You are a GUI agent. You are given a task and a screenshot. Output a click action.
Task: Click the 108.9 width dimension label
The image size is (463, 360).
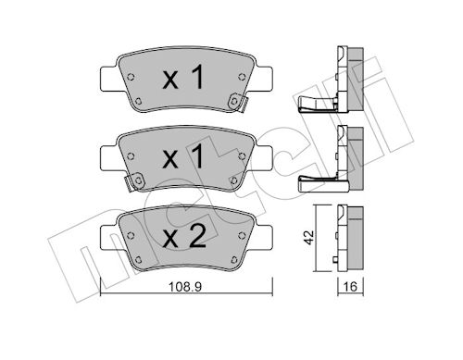(185, 287)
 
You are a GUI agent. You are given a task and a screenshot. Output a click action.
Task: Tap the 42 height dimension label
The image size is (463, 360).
(308, 238)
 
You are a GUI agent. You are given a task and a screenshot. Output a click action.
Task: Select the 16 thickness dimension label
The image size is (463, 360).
(350, 287)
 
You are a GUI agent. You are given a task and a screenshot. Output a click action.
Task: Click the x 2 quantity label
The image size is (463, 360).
(184, 236)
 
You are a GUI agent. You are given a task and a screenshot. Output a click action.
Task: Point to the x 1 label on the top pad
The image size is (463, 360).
(183, 77)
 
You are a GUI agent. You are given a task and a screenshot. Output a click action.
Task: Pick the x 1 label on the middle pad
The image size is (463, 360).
(183, 156)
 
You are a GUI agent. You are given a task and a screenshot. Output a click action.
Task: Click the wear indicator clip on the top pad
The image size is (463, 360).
(238, 103)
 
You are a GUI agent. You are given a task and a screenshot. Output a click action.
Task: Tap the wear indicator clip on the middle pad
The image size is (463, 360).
(134, 182)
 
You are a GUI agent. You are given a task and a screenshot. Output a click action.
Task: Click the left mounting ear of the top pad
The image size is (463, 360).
(110, 79)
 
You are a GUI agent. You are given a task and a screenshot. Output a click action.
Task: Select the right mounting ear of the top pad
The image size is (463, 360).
(263, 79)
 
